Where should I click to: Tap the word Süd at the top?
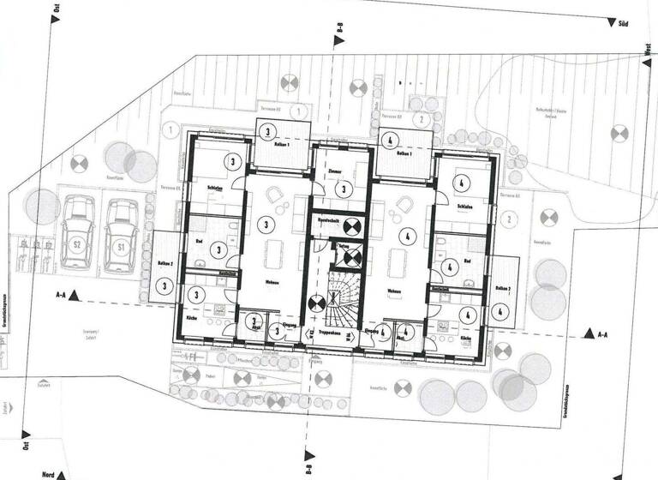(624, 24)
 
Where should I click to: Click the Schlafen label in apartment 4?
(466, 207)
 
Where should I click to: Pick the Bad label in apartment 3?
(199, 243)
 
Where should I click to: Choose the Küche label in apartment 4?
(466, 340)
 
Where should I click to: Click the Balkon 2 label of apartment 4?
(503, 291)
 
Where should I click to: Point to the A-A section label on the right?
(603, 332)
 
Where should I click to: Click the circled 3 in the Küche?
(198, 294)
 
